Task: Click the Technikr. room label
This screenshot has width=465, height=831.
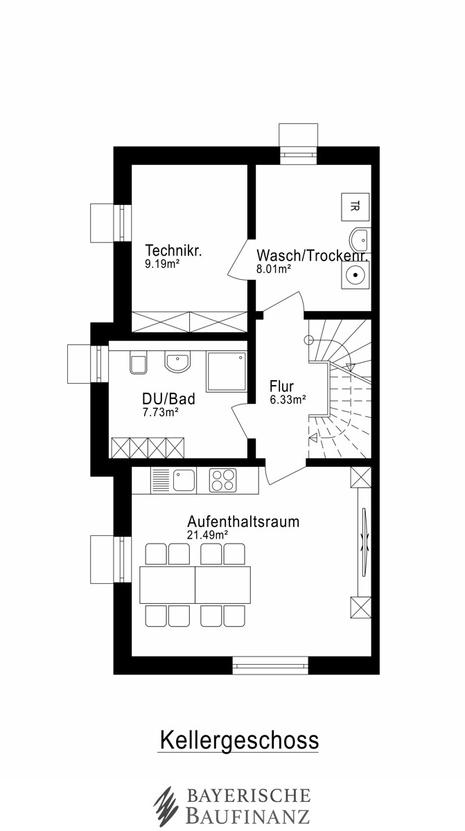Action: [x=173, y=251]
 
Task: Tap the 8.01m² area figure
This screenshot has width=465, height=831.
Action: [x=274, y=269]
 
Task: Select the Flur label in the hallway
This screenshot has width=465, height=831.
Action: [x=281, y=386]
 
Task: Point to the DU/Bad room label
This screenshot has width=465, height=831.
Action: [x=169, y=399]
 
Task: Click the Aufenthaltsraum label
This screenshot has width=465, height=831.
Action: [x=243, y=521]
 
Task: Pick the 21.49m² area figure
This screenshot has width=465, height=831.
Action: [x=207, y=535]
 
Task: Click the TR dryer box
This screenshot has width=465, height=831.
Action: [x=356, y=206]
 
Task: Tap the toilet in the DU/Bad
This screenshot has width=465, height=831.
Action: [x=138, y=362]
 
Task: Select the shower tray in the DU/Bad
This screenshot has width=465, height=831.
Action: [x=227, y=371]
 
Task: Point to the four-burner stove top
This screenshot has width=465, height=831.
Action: [x=222, y=481]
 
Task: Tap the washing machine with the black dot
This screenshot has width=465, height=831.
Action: [x=356, y=275]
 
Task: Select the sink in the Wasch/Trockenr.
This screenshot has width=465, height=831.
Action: [x=360, y=240]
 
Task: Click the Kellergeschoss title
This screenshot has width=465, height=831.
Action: [x=239, y=740]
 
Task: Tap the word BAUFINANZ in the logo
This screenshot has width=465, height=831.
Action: [x=248, y=816]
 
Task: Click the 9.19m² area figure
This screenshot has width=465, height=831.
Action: [x=163, y=264]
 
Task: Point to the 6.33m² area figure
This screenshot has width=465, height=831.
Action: [x=288, y=400]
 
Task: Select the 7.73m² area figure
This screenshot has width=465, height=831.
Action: [x=161, y=412]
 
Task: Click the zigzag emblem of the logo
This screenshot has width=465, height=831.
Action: [x=166, y=806]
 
